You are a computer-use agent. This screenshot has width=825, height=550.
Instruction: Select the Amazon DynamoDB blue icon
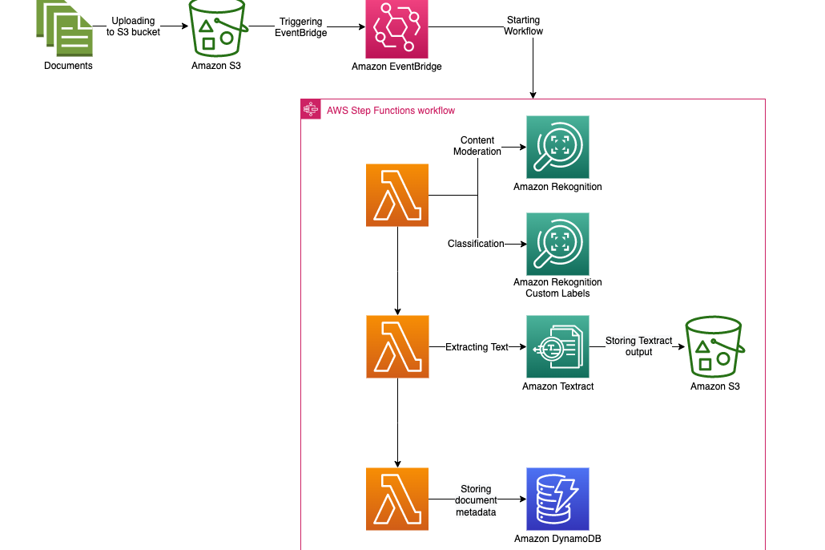(557, 499)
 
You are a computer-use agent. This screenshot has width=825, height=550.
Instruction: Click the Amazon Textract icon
(557, 346)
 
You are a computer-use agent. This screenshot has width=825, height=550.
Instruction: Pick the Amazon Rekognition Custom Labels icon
(557, 244)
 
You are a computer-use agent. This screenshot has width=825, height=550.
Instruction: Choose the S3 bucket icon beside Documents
(215, 27)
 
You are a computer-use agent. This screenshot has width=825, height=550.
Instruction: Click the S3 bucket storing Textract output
(714, 346)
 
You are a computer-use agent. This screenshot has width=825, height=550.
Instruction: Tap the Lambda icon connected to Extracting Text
(396, 346)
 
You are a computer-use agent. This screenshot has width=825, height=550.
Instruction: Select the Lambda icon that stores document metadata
(396, 499)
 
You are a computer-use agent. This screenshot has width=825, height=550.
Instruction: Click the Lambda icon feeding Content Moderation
(396, 195)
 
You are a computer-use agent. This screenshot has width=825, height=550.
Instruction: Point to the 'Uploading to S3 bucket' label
(134, 26)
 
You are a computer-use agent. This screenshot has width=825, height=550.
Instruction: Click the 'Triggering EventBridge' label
(301, 27)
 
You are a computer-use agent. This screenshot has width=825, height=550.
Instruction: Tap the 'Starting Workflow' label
(523, 26)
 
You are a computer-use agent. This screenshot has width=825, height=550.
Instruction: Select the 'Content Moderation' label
(477, 146)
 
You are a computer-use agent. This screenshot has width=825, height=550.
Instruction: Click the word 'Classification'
(476, 244)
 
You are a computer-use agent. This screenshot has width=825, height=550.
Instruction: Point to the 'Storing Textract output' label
(638, 346)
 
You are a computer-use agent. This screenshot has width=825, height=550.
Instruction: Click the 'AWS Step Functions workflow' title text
(391, 110)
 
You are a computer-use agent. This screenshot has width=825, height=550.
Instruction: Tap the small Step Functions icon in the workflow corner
(311, 109)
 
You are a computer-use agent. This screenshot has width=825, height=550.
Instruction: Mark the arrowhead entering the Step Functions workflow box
(533, 95)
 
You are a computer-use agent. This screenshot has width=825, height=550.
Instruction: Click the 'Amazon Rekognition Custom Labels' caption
(557, 288)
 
